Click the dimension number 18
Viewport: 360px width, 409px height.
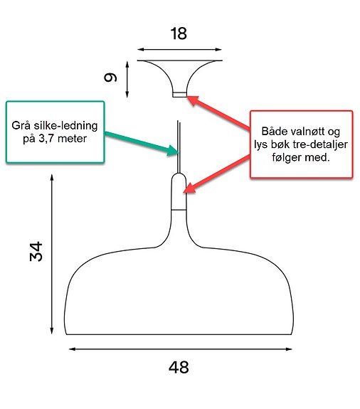click(x=179, y=34)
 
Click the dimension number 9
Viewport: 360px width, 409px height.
click(x=110, y=78)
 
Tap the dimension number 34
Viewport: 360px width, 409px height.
click(x=36, y=252)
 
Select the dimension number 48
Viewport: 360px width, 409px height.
click(x=179, y=367)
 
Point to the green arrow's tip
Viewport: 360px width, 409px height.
click(x=179, y=152)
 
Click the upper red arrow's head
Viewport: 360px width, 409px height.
click(x=188, y=97)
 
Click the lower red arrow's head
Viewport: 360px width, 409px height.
click(x=184, y=193)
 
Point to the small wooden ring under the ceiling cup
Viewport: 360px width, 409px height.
click(x=180, y=95)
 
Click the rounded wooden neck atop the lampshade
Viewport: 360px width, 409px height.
click(x=179, y=191)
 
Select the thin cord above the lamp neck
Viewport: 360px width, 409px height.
click(x=179, y=147)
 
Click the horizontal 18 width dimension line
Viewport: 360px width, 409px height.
click(x=179, y=49)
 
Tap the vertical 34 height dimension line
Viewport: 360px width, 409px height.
click(x=52, y=254)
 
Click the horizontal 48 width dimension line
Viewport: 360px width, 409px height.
click(x=180, y=349)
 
